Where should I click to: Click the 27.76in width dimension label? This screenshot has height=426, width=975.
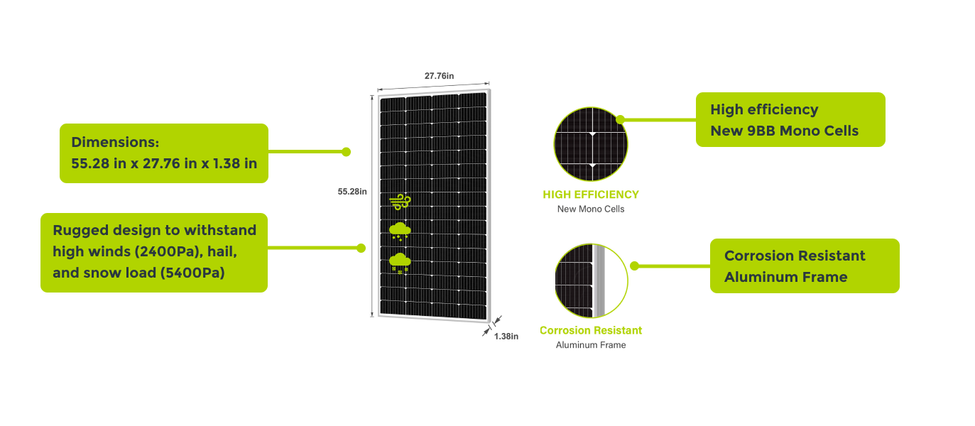(439, 75)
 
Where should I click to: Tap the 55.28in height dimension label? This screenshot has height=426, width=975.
(352, 191)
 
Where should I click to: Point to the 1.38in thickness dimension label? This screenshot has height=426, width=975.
(506, 336)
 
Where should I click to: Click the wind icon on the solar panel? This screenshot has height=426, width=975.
(399, 201)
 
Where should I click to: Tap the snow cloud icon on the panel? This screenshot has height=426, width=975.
(400, 262)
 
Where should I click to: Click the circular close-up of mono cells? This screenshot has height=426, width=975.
(591, 145)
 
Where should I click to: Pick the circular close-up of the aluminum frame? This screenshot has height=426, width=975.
(591, 280)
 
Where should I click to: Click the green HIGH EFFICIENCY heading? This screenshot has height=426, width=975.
(591, 194)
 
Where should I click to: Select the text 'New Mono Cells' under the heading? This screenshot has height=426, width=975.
(591, 209)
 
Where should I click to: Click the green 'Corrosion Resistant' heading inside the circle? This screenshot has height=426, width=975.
(591, 330)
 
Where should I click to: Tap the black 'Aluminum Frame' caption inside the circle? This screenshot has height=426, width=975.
(591, 345)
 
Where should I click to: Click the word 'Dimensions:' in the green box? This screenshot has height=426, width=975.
(114, 142)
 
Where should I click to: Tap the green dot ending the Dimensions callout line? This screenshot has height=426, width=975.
(347, 151)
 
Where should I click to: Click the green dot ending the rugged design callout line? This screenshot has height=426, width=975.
(361, 248)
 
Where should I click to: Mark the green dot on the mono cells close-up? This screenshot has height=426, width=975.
(620, 119)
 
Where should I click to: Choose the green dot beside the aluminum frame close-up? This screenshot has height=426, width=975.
(634, 266)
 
